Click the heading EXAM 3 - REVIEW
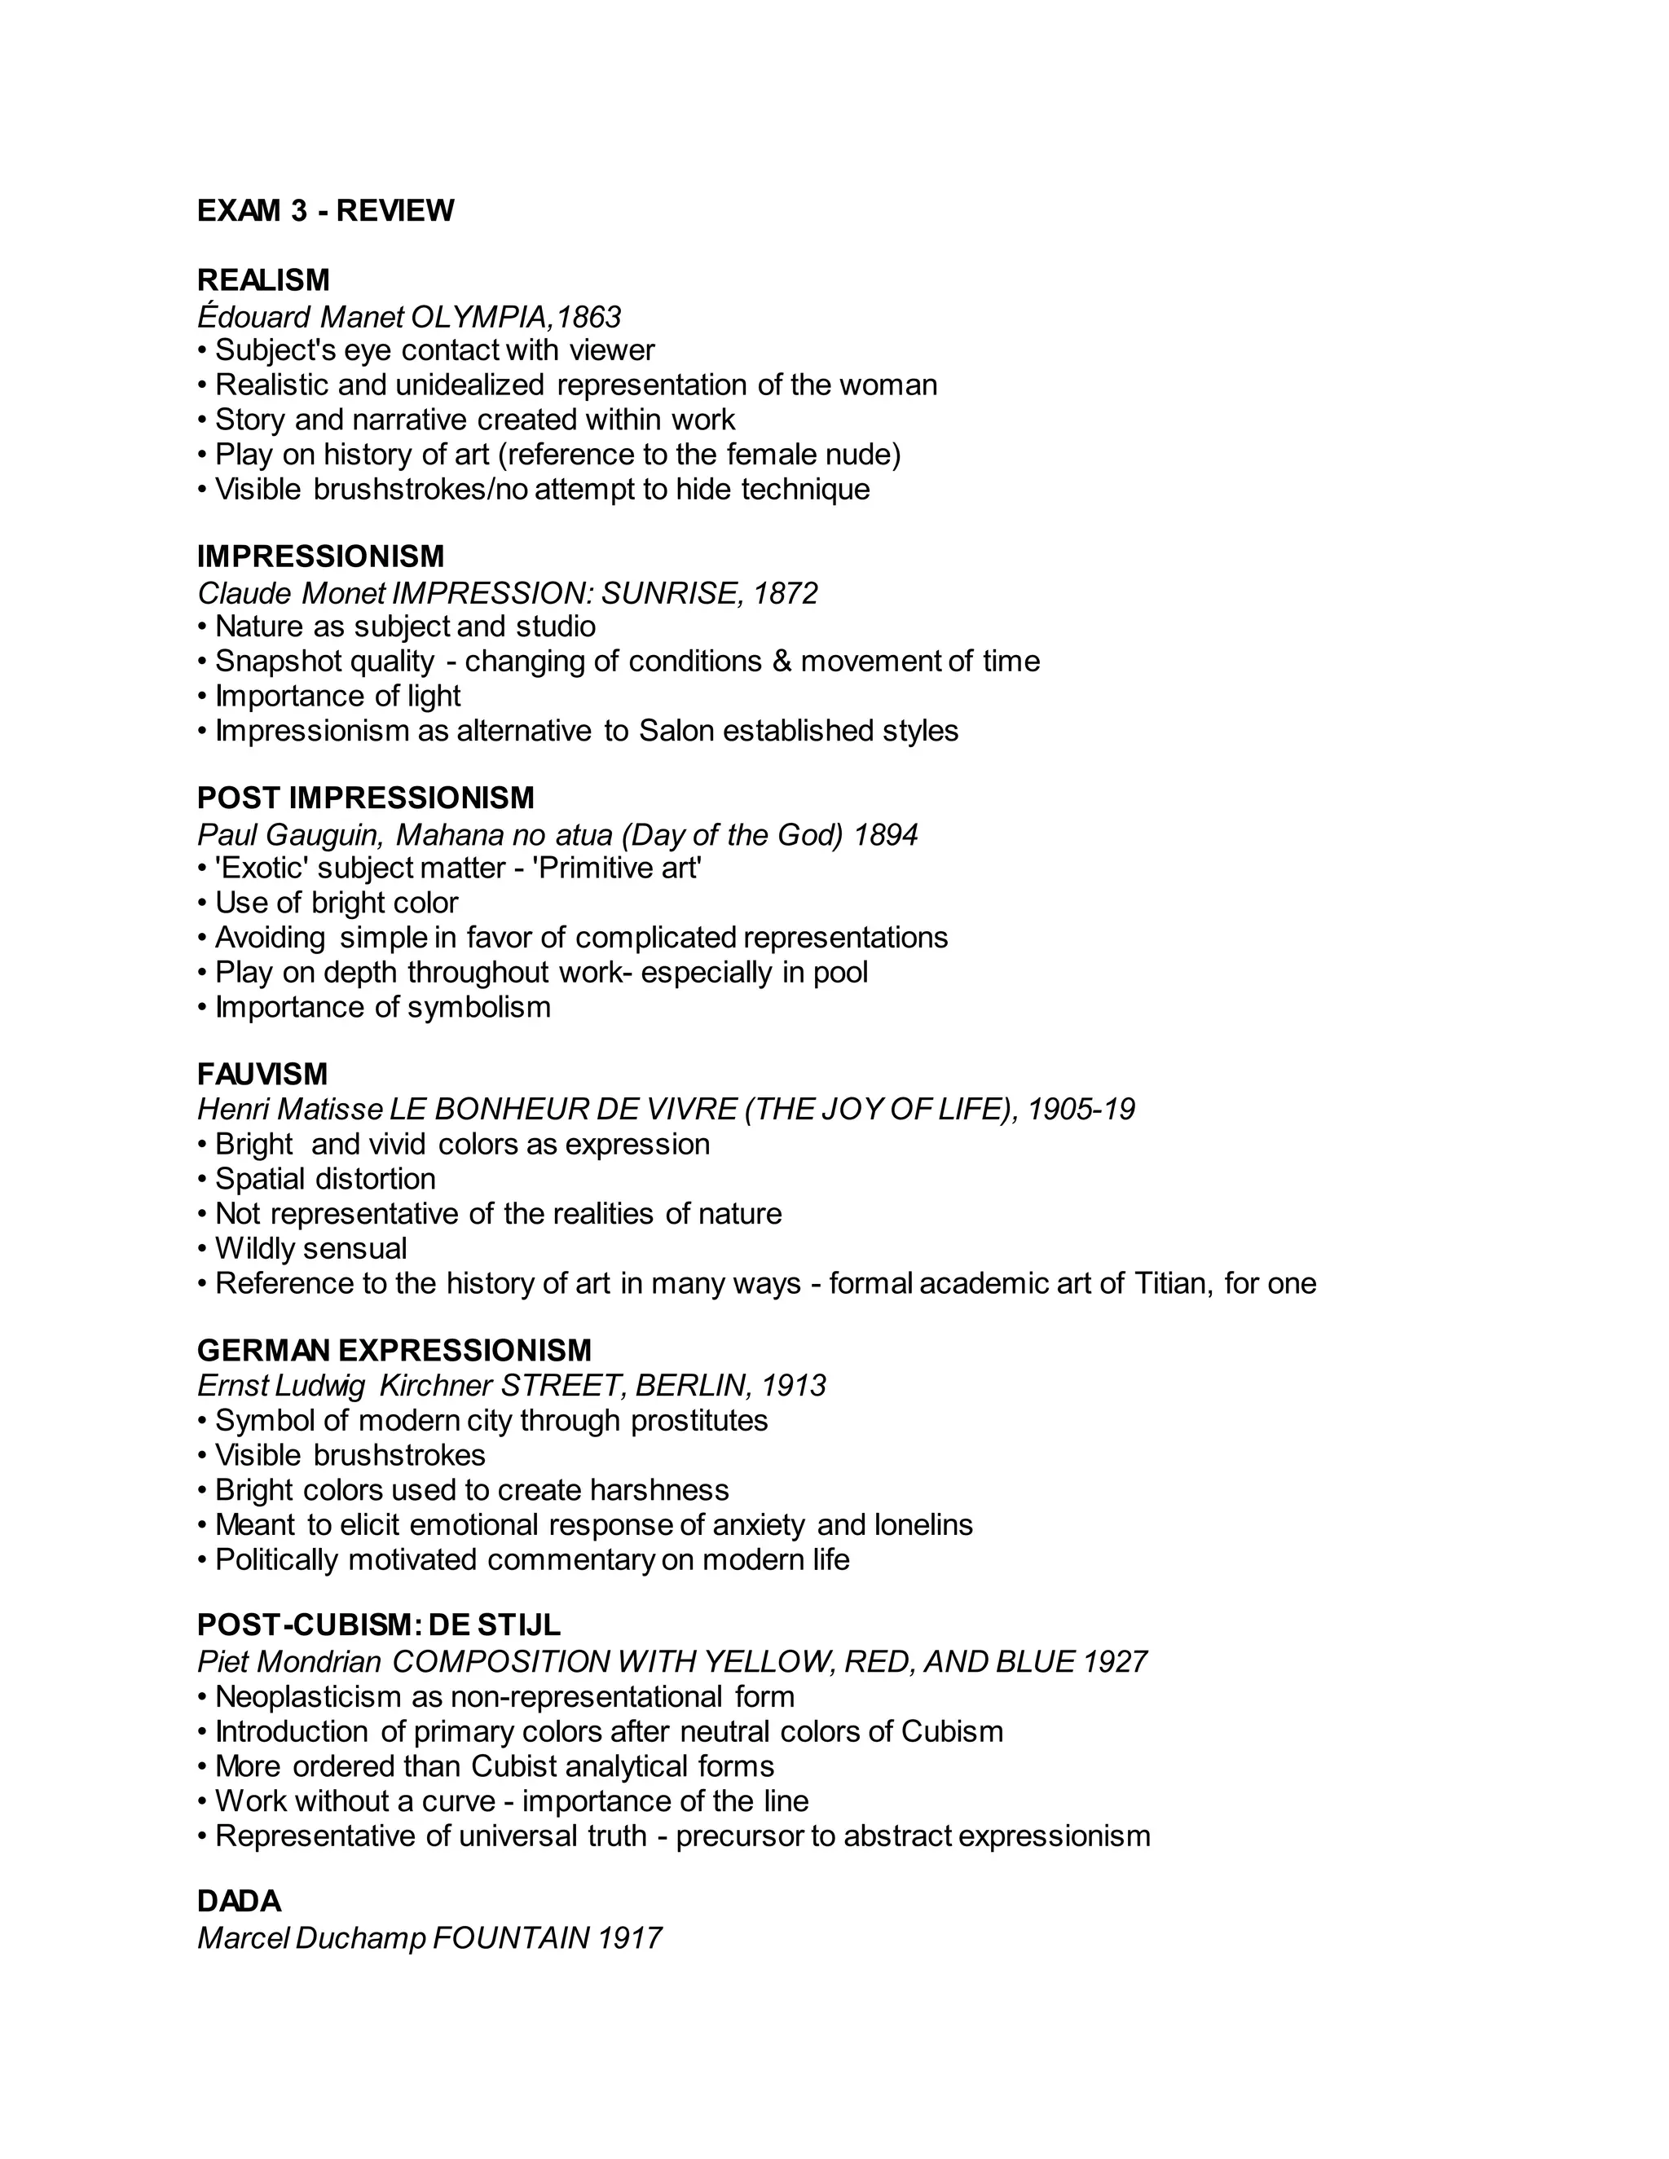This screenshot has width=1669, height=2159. point(325,210)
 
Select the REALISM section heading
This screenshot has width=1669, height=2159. point(263,281)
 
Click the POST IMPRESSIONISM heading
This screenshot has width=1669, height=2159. point(366,798)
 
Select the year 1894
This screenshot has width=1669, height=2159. point(885,835)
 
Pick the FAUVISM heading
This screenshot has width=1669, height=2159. point(262,1074)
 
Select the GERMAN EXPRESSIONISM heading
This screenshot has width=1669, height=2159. point(394,1349)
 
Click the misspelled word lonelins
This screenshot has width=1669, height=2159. point(923,1524)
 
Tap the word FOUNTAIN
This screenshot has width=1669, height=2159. point(510,1937)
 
